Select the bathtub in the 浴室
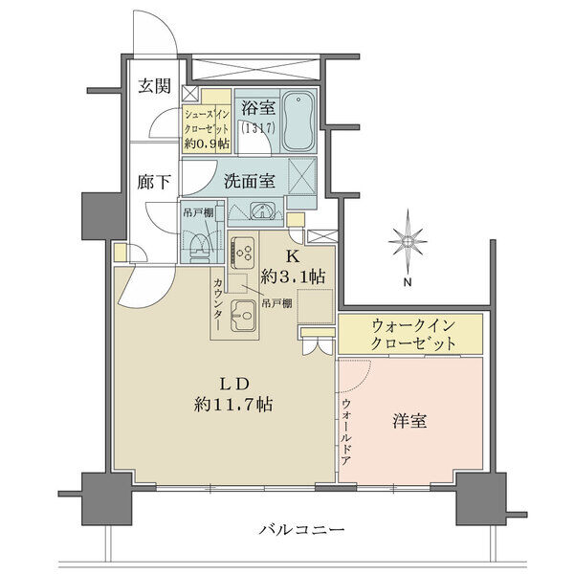298,121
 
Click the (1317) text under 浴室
257,128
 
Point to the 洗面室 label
250,181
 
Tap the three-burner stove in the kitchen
242,251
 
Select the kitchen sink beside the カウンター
242,315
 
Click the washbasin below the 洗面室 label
261,211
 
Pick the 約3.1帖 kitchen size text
293,276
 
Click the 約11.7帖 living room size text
233,405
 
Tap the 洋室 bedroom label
409,421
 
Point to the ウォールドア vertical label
346,432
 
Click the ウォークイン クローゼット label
413,334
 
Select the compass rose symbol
408,241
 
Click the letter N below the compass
408,282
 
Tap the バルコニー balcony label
301,530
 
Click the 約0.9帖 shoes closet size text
207,143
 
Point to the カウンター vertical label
218,304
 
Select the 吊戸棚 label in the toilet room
198,213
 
